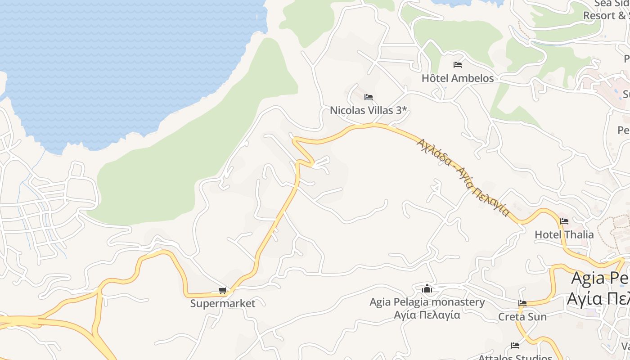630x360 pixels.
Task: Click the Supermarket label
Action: coord(222,303)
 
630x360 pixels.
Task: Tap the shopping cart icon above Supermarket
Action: coord(222,291)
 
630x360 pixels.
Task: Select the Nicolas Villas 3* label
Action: coord(368,110)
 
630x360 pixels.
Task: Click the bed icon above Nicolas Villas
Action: coord(369,97)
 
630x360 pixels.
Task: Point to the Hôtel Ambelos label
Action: coord(457,78)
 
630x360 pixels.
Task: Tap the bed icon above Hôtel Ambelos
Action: coord(458,65)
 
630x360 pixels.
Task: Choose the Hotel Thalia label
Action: coord(564,234)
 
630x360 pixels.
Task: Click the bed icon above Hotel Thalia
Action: coord(564,221)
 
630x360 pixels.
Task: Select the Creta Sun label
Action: coord(522,317)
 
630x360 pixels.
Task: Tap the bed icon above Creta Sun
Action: coord(522,303)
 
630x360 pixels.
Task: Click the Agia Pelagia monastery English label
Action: coord(427,302)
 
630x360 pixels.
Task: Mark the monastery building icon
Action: coord(427,288)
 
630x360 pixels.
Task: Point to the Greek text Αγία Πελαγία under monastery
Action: coord(427,315)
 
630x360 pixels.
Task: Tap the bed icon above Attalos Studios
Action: coord(515,346)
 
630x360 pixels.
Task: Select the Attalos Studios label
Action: coord(515,357)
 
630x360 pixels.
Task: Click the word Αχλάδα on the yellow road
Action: coord(434,152)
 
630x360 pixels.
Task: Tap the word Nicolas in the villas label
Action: coord(349,110)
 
